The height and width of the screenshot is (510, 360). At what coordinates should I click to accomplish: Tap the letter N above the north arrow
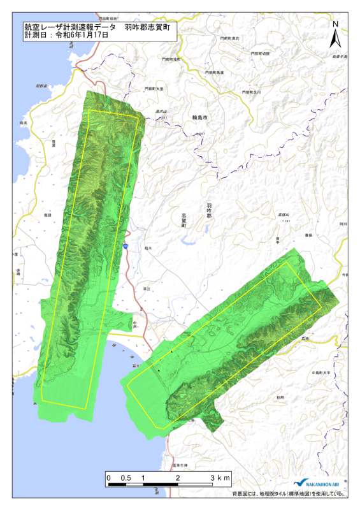[x=335, y=24]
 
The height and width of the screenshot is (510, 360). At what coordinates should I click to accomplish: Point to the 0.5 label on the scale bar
[x=126, y=477]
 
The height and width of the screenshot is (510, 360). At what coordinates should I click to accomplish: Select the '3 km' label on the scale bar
[x=220, y=477]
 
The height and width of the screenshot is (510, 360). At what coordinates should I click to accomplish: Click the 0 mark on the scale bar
[x=109, y=477]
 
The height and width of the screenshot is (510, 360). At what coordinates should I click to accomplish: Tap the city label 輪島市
[x=201, y=118]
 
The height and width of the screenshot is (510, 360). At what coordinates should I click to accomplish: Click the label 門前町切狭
[x=259, y=54]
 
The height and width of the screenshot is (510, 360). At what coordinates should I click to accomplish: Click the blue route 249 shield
[x=127, y=245]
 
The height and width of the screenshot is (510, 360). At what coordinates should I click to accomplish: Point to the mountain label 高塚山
[x=281, y=215]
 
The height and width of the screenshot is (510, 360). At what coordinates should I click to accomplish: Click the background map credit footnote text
[x=288, y=494]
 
